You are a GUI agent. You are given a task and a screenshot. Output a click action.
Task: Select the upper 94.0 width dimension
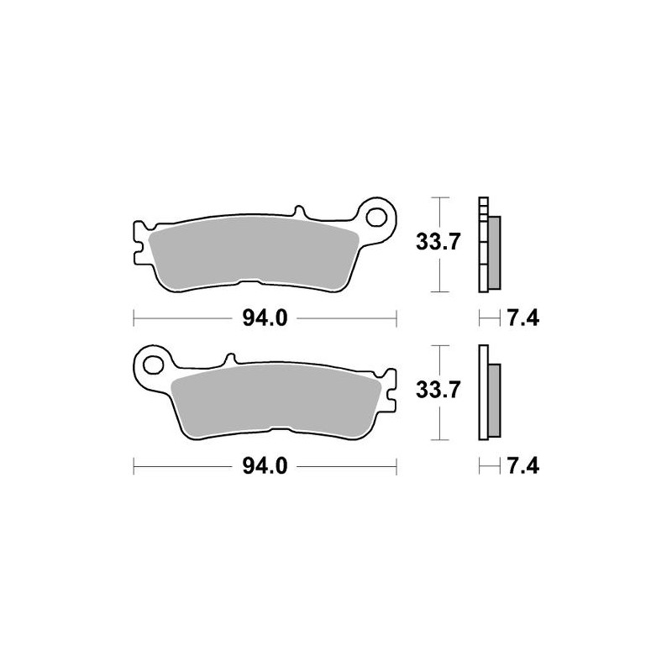(x=265, y=318)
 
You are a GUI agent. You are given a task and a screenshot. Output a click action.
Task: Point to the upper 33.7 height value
(x=438, y=244)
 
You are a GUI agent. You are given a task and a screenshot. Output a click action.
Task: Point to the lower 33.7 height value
(x=438, y=391)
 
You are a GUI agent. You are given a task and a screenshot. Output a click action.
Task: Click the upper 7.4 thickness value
(x=522, y=318)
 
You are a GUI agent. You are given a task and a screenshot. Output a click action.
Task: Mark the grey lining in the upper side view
(x=494, y=250)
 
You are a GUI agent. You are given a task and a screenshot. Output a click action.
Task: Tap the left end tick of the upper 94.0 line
(x=134, y=318)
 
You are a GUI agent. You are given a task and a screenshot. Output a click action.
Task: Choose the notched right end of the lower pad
(x=391, y=391)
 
